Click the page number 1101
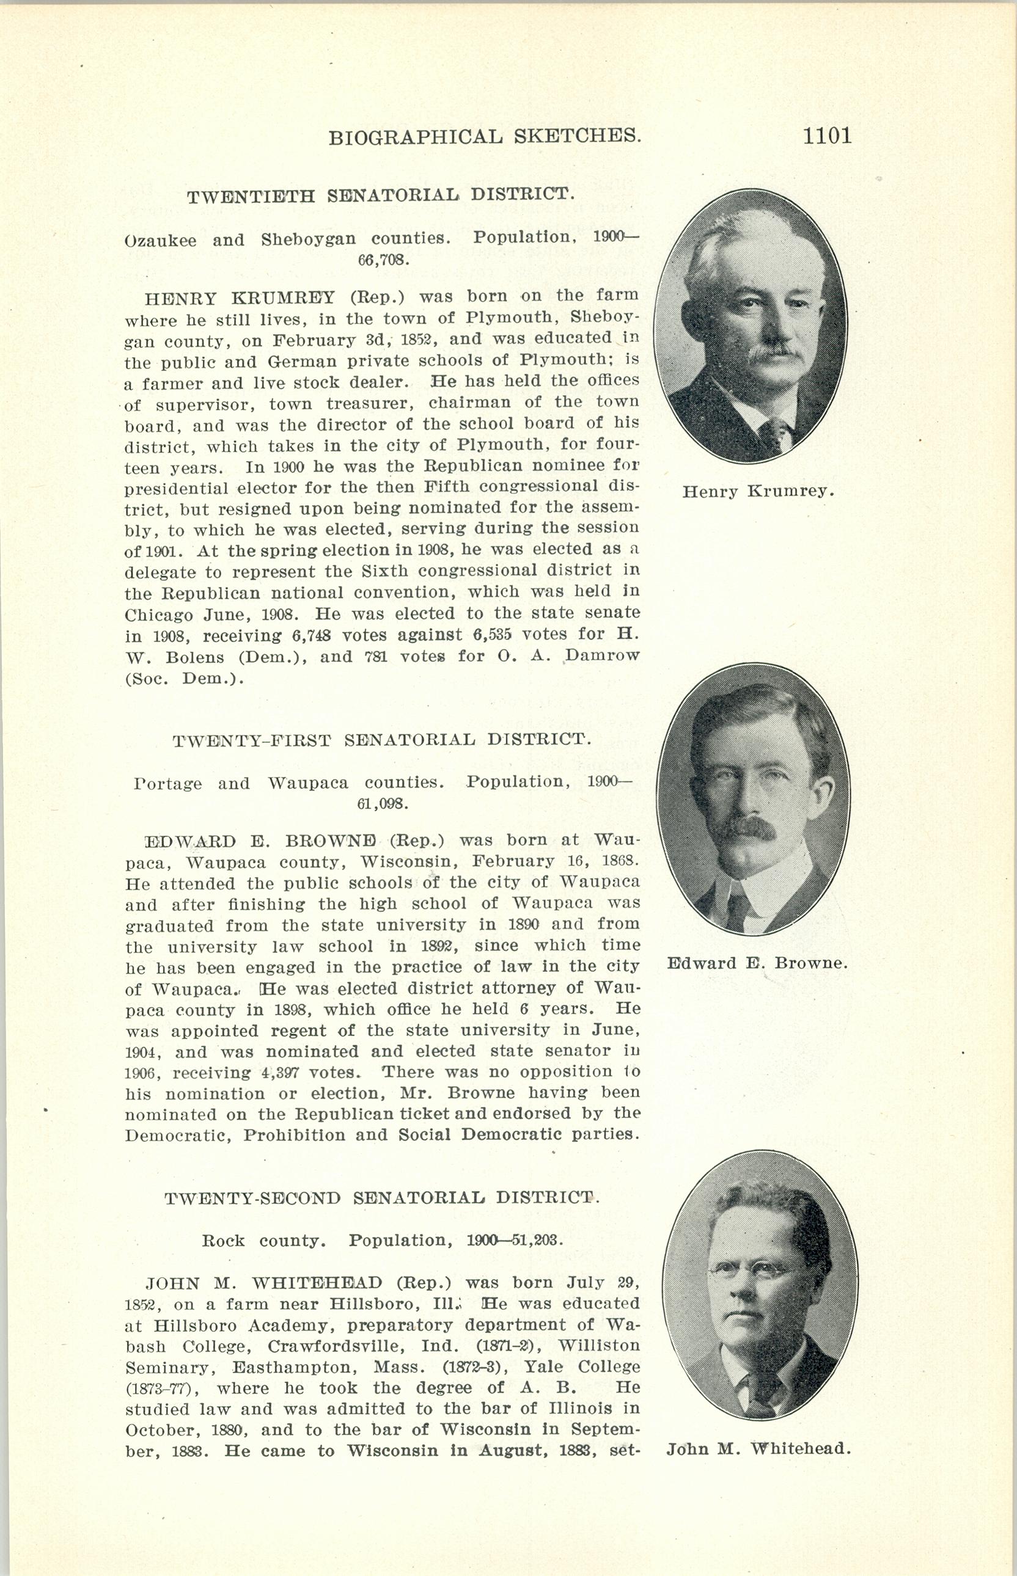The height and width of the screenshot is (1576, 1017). [828, 136]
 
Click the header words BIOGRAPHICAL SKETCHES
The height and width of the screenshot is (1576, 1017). [485, 137]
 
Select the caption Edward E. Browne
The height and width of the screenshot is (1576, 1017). [757, 963]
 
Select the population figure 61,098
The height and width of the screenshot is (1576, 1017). [383, 804]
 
